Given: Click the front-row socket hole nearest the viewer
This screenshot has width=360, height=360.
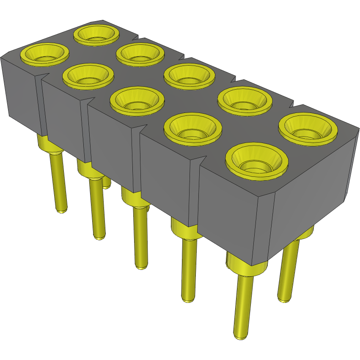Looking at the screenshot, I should coord(256,161).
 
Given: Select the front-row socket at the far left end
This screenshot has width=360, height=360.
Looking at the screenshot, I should coord(45,54).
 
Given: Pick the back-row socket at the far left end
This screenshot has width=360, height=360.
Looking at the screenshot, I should coord(96,34).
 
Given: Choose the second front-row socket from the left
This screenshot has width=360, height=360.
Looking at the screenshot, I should coord(88,76).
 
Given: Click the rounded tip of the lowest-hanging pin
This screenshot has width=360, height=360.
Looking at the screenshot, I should coord(239,336).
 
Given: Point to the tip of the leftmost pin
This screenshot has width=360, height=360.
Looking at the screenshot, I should coord(62,210).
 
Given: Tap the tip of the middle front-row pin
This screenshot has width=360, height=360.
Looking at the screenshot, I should coord(141,266).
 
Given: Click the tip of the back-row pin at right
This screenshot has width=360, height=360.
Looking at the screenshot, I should coord(285,299).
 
